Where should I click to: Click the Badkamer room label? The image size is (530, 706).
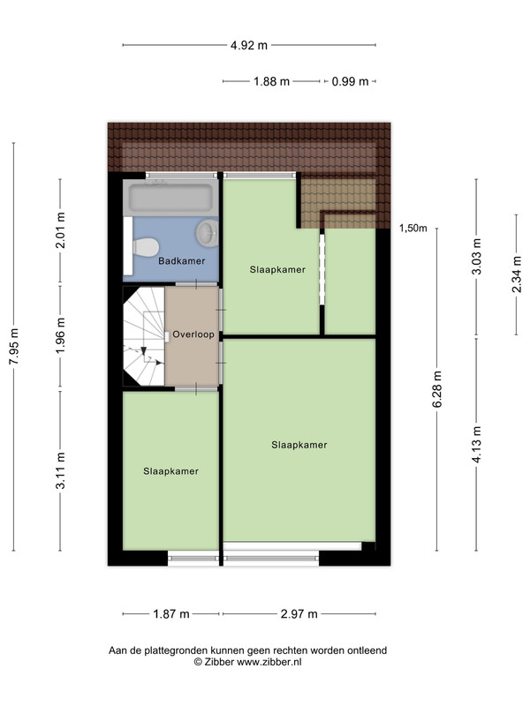click(x=182, y=260)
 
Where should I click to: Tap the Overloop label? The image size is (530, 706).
click(x=193, y=334)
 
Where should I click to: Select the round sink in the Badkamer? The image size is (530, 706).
click(x=208, y=233)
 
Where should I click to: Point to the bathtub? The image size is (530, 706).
click(x=170, y=198)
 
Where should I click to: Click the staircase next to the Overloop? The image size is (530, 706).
click(x=144, y=336)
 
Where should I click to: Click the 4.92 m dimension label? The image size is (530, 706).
click(x=249, y=45)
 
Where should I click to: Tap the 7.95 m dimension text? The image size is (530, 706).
click(x=14, y=346)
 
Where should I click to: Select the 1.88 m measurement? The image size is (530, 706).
click(x=271, y=81)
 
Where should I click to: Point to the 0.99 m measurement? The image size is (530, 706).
click(x=350, y=81)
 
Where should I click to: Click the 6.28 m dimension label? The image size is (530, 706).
click(x=437, y=389)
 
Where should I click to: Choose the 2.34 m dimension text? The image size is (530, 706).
click(x=517, y=274)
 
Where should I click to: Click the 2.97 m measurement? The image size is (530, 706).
click(x=299, y=613)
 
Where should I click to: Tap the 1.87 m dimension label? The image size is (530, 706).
click(x=171, y=613)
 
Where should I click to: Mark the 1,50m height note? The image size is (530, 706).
click(x=413, y=229)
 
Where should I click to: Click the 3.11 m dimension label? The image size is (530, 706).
click(x=60, y=470)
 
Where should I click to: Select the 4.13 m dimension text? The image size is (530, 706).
click(x=477, y=445)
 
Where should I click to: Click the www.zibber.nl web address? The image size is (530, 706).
click(x=269, y=662)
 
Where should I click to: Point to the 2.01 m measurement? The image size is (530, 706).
click(x=60, y=230)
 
